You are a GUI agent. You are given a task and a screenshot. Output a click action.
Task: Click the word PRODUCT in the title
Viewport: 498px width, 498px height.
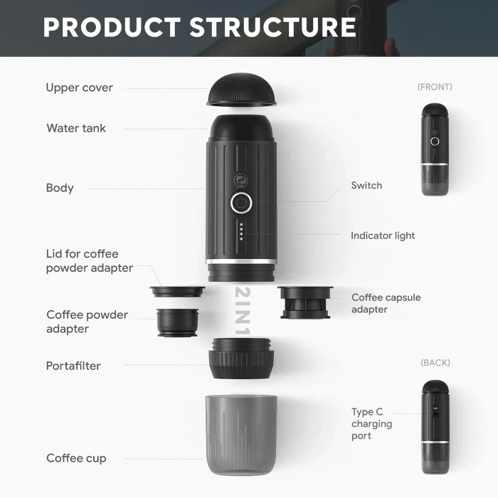click(x=112, y=27)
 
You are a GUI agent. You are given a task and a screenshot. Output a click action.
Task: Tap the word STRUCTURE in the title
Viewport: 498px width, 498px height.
click(x=272, y=27)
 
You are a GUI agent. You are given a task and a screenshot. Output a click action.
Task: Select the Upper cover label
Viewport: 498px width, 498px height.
click(x=80, y=88)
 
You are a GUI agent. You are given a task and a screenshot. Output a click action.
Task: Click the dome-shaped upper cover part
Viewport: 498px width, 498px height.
click(x=241, y=90)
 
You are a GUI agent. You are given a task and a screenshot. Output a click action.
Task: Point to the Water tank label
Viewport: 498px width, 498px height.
click(x=76, y=128)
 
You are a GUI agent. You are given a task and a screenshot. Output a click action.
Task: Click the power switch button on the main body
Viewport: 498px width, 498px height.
click(x=241, y=203)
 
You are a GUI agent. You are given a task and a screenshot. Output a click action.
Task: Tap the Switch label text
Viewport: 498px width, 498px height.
click(x=366, y=185)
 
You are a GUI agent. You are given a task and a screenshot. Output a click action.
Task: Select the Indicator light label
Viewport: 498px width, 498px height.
click(x=383, y=235)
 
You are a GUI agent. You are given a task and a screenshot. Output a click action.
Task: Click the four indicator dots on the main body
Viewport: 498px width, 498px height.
click(x=241, y=231)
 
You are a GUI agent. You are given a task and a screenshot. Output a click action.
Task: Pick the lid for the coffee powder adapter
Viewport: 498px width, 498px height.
click(x=178, y=292)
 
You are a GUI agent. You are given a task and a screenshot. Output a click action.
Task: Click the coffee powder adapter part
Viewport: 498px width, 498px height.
click(x=178, y=322)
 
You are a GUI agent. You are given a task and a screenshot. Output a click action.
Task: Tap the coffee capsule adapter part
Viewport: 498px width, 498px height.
click(x=305, y=302)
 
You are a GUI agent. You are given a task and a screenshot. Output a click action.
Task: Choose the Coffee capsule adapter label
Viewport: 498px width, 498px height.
click(x=386, y=303)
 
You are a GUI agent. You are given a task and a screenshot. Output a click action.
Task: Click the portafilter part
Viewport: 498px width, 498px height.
click(x=241, y=359)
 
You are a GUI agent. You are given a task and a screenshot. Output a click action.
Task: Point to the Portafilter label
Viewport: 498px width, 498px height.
click(x=73, y=366)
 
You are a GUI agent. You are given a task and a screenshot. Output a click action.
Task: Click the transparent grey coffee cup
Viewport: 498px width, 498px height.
click(x=241, y=435)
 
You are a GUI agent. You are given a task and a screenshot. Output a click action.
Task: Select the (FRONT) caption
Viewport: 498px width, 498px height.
click(x=435, y=87)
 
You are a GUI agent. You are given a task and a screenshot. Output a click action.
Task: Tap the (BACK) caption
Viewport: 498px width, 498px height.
click(x=435, y=363)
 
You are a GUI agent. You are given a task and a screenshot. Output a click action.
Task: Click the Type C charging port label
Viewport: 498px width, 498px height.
click(x=371, y=424)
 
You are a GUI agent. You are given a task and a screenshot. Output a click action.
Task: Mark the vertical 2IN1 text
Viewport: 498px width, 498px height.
click(x=243, y=311)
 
